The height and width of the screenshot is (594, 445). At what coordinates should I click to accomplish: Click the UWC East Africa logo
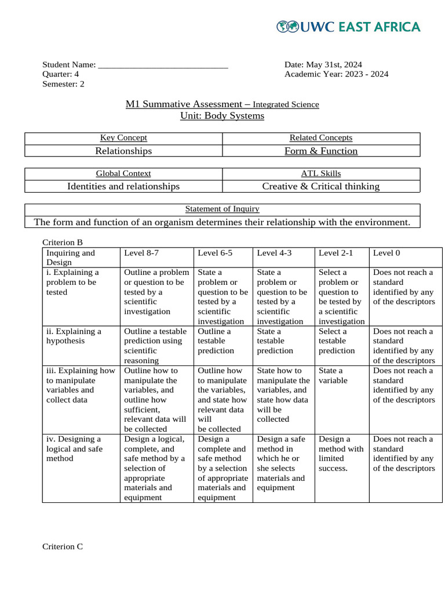(x=348, y=27)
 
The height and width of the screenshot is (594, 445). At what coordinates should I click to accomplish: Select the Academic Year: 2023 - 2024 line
(x=336, y=74)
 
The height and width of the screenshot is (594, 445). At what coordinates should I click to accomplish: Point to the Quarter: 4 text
(x=61, y=74)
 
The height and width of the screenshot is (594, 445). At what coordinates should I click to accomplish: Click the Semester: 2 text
(x=63, y=84)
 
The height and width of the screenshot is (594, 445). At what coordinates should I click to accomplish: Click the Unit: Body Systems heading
(x=222, y=116)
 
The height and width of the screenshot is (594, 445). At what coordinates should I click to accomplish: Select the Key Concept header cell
(x=123, y=138)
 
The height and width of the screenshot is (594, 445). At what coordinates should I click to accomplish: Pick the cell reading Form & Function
(x=321, y=151)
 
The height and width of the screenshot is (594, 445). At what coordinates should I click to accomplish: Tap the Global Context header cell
(x=123, y=173)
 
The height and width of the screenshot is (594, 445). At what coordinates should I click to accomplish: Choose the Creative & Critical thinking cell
(x=321, y=186)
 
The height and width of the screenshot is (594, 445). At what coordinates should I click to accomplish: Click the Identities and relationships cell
(x=123, y=186)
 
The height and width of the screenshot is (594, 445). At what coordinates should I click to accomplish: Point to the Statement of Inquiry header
(x=222, y=209)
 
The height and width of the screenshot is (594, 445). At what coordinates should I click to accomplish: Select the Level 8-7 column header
(x=141, y=253)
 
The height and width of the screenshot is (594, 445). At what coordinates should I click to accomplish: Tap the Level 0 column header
(x=386, y=253)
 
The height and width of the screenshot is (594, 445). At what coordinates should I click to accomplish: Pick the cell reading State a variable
(x=331, y=375)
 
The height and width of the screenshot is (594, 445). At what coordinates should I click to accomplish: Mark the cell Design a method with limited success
(x=341, y=454)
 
